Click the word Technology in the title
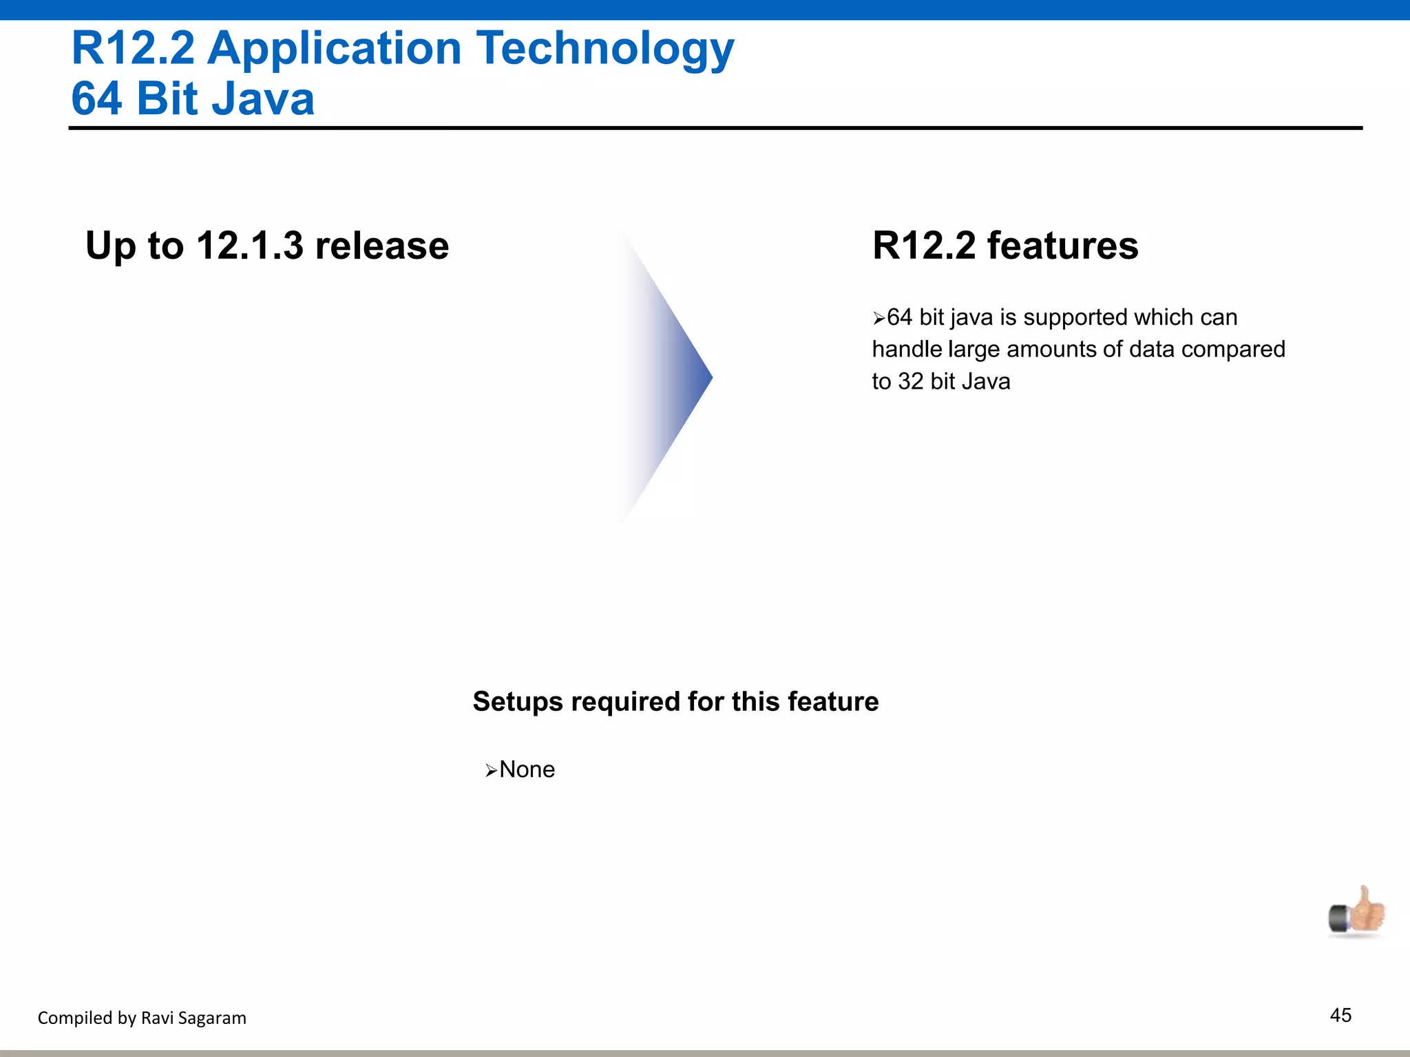[605, 50]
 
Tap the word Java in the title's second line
[263, 99]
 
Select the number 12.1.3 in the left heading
[249, 246]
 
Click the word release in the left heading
[381, 246]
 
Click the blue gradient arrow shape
[671, 377]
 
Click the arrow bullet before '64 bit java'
[878, 319]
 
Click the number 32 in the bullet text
[911, 381]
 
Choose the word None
[527, 769]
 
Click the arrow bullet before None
[491, 771]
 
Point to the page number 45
[1340, 1016]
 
